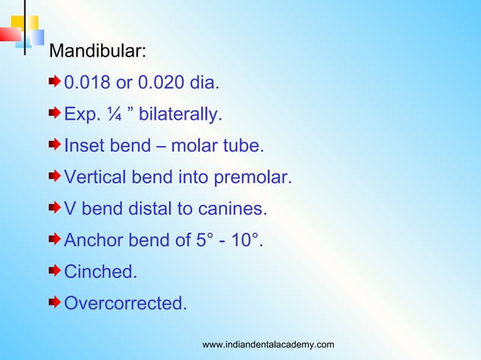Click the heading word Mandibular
click(x=97, y=52)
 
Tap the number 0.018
click(x=87, y=81)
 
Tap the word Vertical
click(x=96, y=178)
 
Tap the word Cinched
click(x=100, y=272)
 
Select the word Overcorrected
click(x=125, y=304)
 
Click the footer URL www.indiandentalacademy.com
click(x=268, y=345)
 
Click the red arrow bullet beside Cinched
click(x=55, y=271)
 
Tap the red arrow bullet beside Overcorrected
click(x=55, y=303)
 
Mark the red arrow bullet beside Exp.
click(x=55, y=113)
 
